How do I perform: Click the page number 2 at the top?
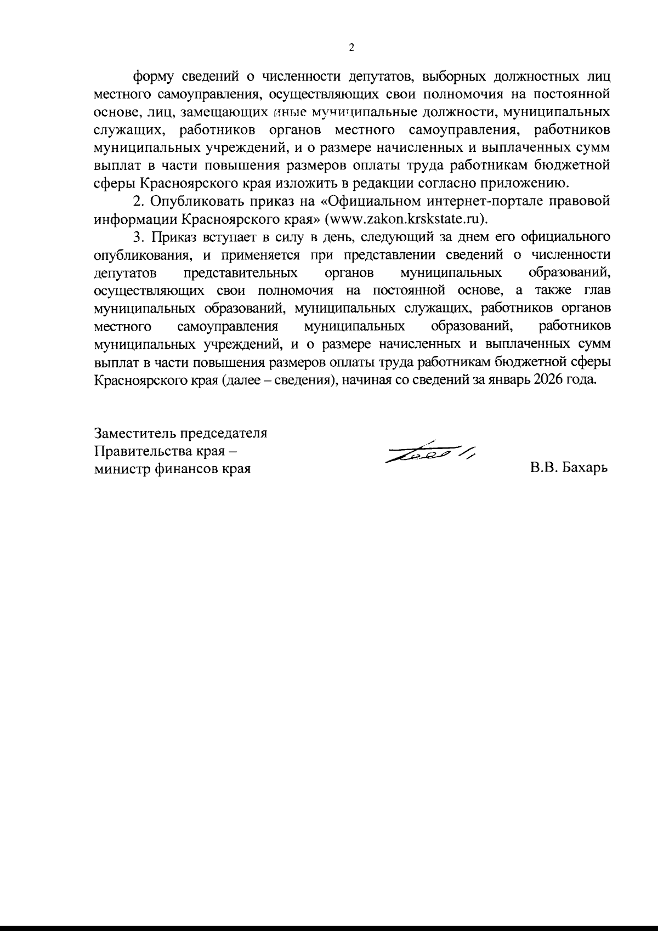[x=351, y=48]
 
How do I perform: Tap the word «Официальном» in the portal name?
[x=368, y=201]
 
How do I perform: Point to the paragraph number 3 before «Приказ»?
[x=138, y=237]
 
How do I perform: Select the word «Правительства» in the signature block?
[x=141, y=451]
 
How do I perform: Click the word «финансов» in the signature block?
[x=185, y=469]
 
